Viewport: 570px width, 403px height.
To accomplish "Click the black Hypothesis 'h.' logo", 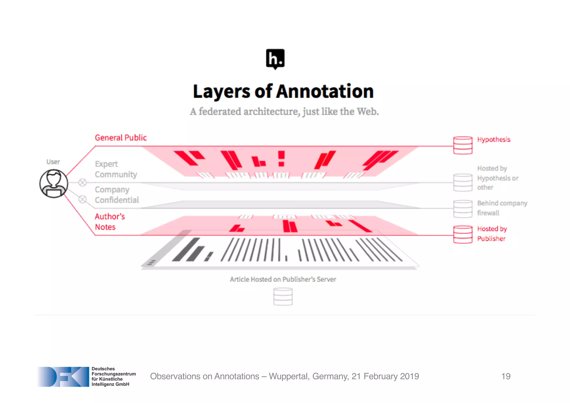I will pos(275,59).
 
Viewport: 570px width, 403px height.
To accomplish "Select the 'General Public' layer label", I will pos(121,138).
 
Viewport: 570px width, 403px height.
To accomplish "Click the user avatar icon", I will pos(53,184).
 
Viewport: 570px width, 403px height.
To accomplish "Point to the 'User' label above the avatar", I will pos(53,162).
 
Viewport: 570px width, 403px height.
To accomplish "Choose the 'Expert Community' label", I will pos(116,169).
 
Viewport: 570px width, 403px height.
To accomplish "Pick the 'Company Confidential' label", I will pos(117,195).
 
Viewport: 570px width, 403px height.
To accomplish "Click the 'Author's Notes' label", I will pos(110,222).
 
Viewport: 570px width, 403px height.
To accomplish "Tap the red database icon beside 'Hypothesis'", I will pos(463,145).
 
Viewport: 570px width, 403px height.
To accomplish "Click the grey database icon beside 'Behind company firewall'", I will pos(463,209).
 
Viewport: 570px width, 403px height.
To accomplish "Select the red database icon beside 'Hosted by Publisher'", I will pos(463,235).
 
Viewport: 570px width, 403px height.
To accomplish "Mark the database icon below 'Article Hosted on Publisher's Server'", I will pos(283,297).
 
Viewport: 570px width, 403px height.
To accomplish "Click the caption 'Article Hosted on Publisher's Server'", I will pos(283,279).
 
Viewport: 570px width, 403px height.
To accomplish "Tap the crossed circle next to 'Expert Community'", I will pos(82,182).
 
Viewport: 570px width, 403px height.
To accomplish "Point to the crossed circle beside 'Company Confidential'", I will pos(82,199).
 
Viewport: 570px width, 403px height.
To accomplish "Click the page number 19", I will pos(506,376).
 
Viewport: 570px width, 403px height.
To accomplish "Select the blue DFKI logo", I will pos(63,377).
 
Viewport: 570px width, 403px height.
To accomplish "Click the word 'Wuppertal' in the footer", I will pos(289,376).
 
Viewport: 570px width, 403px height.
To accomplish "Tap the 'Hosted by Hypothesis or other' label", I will pos(497,178).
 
